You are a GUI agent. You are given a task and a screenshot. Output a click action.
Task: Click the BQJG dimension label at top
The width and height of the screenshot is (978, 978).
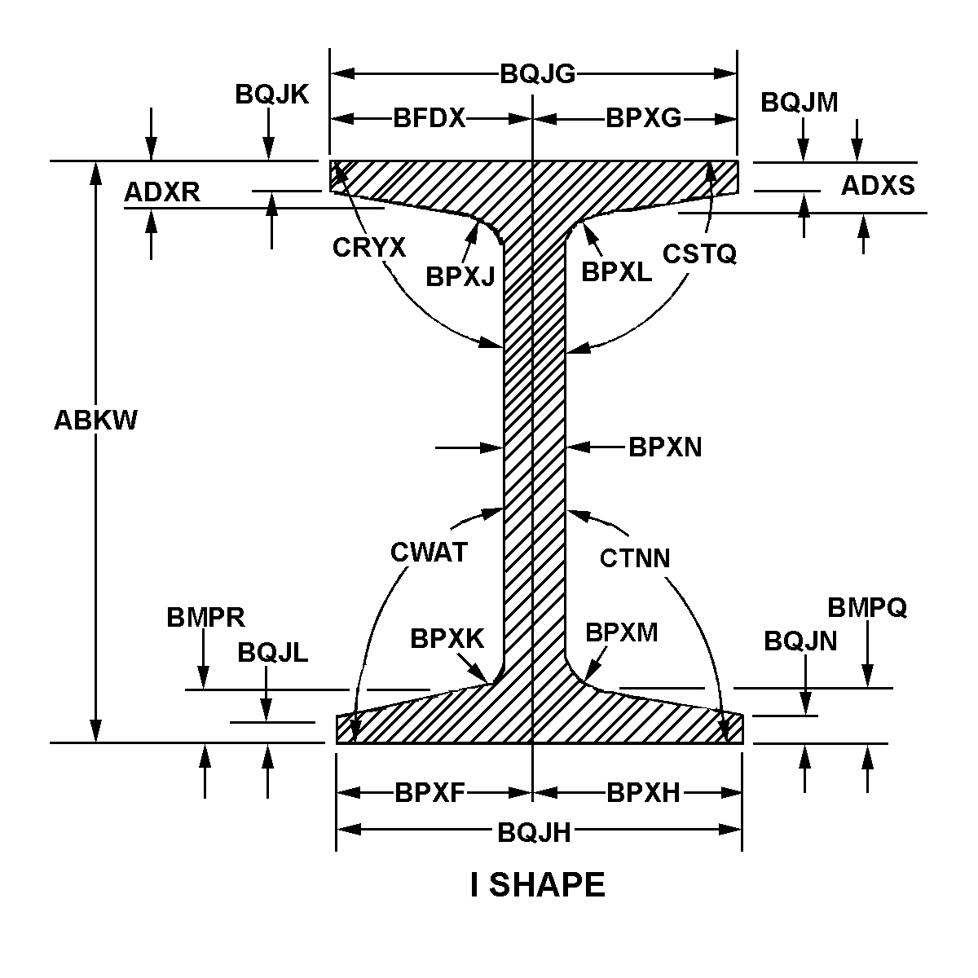[x=537, y=74]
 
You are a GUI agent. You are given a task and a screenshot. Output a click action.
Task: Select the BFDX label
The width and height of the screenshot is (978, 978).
[x=429, y=119]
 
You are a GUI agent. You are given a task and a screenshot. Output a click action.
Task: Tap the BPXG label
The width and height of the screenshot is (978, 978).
[x=644, y=119]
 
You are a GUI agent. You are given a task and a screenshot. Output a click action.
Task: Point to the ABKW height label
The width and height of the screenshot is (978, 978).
[x=95, y=421]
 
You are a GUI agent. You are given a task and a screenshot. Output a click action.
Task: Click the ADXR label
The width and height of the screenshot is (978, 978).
[x=162, y=192]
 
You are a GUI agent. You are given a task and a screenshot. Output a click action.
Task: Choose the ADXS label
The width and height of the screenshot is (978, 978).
[x=878, y=185]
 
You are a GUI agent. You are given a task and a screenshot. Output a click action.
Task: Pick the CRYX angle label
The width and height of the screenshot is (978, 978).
[x=369, y=248]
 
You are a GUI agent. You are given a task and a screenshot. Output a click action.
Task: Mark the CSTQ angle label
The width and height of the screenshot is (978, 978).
[x=699, y=253]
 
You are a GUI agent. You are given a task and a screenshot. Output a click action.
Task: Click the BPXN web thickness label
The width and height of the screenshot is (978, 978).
[x=665, y=447]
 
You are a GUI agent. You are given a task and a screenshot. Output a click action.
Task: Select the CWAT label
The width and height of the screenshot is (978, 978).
[x=429, y=553]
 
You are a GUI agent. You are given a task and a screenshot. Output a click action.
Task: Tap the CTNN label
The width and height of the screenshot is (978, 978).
[x=635, y=558]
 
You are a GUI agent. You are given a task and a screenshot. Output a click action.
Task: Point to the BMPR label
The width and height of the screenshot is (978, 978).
[x=205, y=618]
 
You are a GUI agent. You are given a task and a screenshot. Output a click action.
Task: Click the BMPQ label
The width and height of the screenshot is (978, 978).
[x=867, y=607]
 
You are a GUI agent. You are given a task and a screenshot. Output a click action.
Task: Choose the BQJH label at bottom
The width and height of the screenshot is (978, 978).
[x=534, y=833]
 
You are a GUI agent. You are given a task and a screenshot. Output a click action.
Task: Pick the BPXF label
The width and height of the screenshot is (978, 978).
[x=430, y=793]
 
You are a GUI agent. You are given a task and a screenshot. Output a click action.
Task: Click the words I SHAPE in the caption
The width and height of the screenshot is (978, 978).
[x=538, y=885]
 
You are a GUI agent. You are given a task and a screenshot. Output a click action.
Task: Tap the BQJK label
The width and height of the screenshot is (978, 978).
[x=271, y=95]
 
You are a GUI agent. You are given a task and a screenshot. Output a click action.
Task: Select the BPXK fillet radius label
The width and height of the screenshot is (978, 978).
[x=447, y=638]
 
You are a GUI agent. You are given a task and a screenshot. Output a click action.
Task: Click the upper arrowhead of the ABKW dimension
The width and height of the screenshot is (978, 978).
[x=95, y=173]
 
